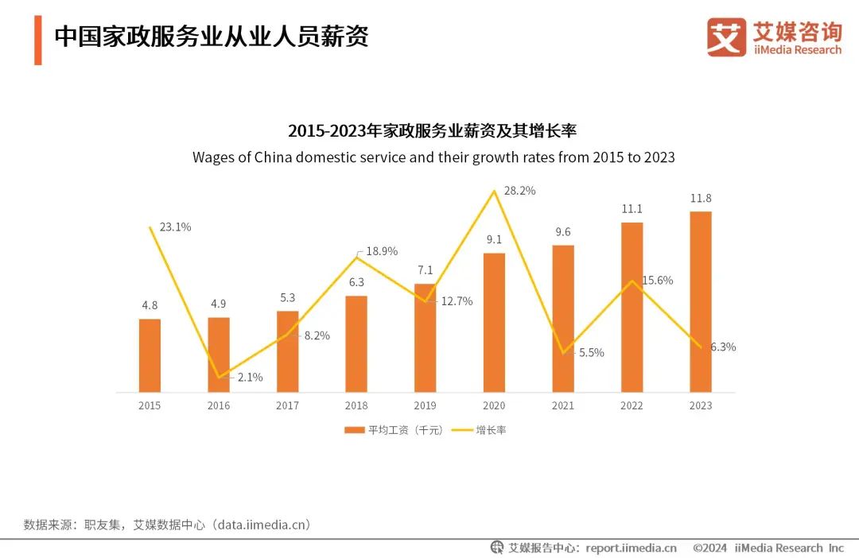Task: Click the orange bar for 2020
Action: click(x=494, y=323)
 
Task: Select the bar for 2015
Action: click(x=150, y=355)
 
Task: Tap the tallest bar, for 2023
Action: click(x=701, y=302)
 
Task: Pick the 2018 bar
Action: click(x=356, y=344)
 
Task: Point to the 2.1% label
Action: click(x=250, y=378)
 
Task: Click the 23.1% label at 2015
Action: click(x=175, y=227)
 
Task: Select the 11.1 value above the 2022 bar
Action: click(x=632, y=209)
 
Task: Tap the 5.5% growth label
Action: click(x=591, y=352)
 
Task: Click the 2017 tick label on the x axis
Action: click(x=287, y=406)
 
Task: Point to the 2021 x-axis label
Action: click(x=562, y=406)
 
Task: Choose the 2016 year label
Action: click(x=219, y=406)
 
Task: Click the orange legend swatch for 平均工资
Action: click(x=353, y=430)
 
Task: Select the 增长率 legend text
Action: click(x=491, y=430)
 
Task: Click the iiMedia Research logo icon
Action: click(x=726, y=37)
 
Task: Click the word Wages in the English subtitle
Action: click(x=213, y=157)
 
